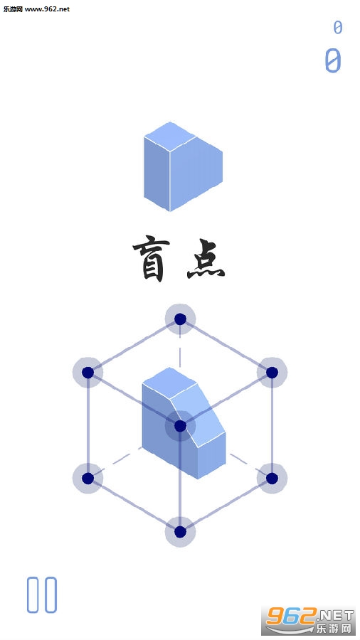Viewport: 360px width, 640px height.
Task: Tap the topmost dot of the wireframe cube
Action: (x=180, y=319)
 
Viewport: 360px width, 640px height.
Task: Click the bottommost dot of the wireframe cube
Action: (x=180, y=532)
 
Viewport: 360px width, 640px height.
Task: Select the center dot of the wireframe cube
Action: (x=180, y=426)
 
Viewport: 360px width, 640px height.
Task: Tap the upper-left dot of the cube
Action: (x=88, y=372)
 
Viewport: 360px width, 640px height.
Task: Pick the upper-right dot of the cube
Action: (x=272, y=372)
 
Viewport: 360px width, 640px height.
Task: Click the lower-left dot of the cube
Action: (x=88, y=479)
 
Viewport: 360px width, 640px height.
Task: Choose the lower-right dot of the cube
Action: (x=272, y=479)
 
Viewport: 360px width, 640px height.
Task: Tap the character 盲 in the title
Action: (x=149, y=260)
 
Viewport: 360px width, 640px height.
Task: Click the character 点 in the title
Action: (x=206, y=260)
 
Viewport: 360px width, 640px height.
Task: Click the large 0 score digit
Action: (x=333, y=61)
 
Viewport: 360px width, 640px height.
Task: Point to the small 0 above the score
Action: (x=337, y=27)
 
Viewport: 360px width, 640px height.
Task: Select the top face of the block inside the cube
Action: (x=169, y=382)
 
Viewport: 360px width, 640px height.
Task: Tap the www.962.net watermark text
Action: (x=47, y=9)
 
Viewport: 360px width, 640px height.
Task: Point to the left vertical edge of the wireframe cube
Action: (x=88, y=425)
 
